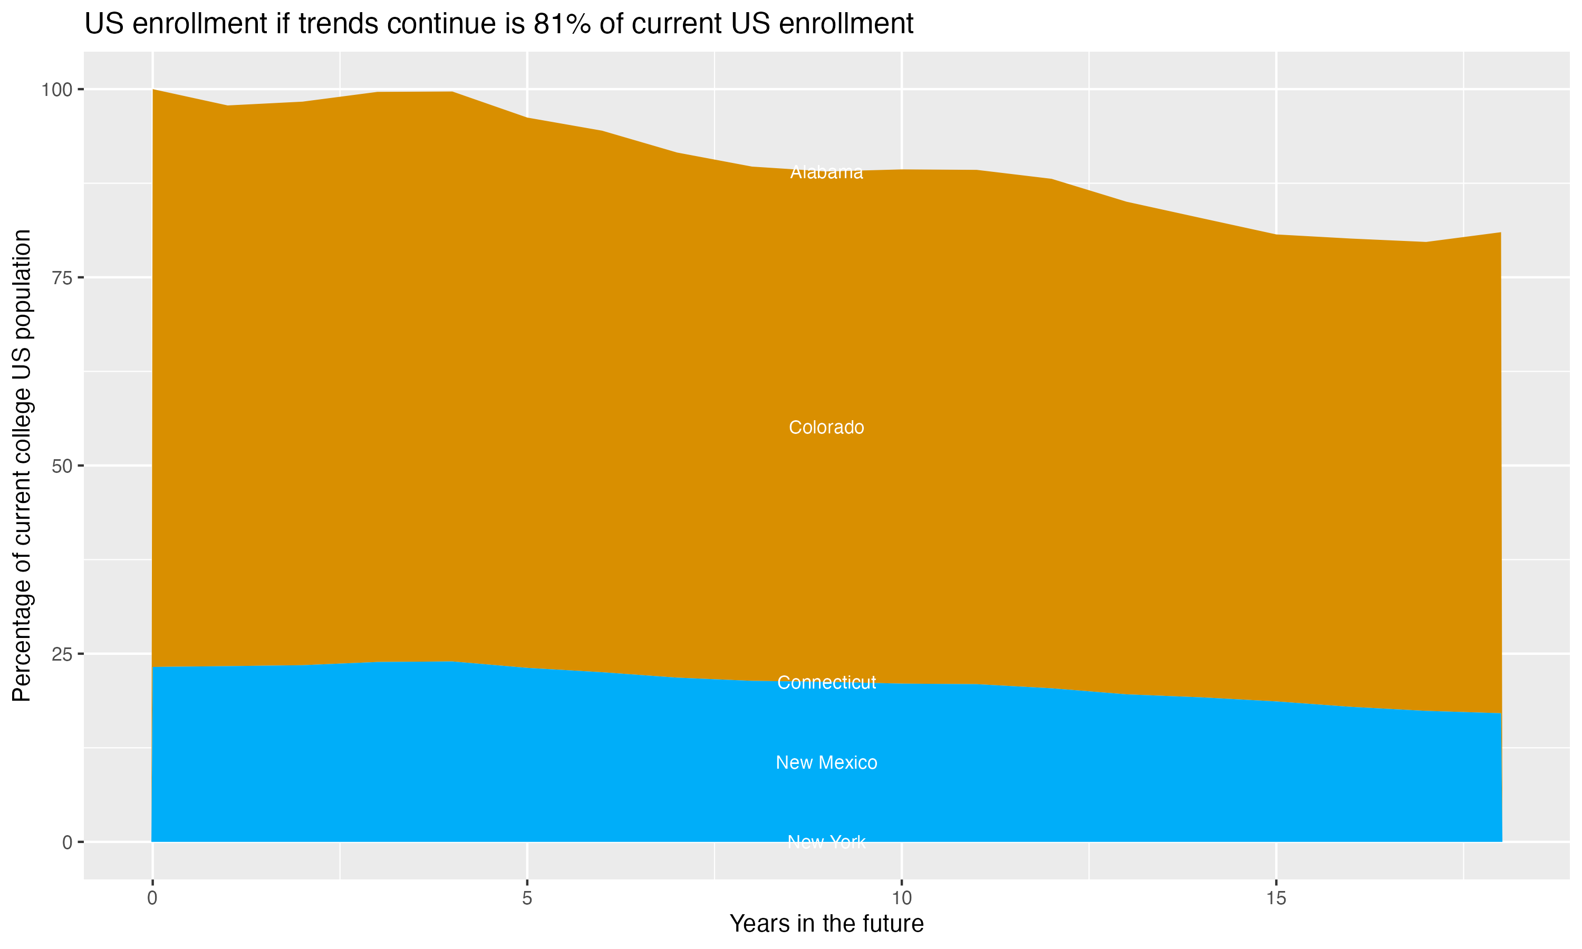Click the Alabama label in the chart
826,172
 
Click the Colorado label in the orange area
826,427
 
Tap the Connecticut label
826,682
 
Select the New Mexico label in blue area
826,762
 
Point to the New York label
826,841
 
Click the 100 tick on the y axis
56,90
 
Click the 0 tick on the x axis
152,898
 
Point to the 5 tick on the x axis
527,898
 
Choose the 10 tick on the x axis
901,898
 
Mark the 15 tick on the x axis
1276,898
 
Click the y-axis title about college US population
22,465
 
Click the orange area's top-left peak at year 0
153,90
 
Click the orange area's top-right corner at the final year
1500,233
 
